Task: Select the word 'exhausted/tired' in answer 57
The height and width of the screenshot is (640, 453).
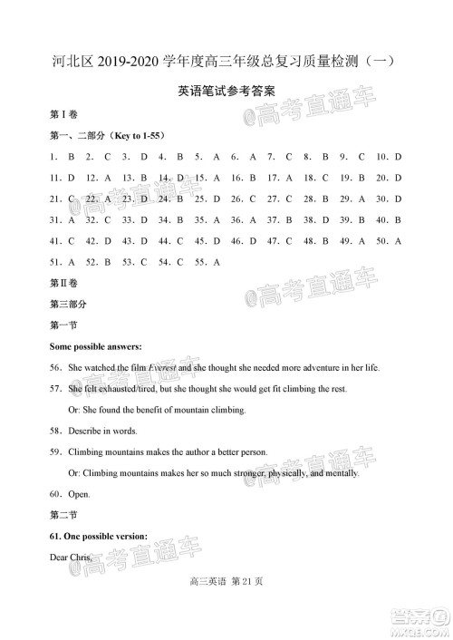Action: [x=123, y=388]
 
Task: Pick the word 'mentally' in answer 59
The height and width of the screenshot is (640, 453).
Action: [x=338, y=472]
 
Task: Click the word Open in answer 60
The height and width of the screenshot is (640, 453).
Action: [x=80, y=494]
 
